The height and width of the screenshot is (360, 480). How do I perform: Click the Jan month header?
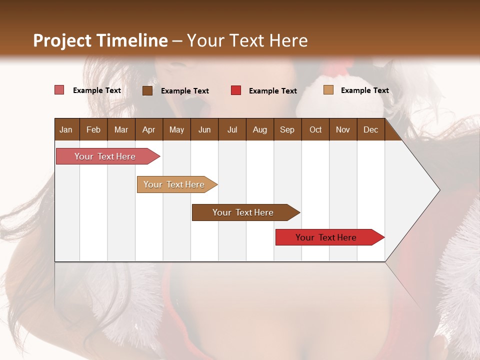click(x=66, y=129)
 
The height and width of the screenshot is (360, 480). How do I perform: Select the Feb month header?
click(x=93, y=129)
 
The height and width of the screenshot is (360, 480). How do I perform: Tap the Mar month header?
click(x=121, y=129)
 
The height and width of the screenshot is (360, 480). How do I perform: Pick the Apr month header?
click(x=149, y=129)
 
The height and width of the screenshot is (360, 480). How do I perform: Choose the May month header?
click(x=176, y=129)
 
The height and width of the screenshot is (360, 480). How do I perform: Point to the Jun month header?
click(x=204, y=129)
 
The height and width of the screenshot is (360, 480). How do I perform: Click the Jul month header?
click(x=232, y=129)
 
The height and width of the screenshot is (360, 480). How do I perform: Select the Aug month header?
click(x=260, y=129)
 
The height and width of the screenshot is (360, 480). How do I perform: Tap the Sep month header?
click(x=287, y=129)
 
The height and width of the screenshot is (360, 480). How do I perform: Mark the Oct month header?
click(x=315, y=129)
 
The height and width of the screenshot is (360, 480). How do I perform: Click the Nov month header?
click(x=343, y=129)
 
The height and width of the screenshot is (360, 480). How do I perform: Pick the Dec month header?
click(x=371, y=129)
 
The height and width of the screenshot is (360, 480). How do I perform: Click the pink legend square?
click(x=59, y=90)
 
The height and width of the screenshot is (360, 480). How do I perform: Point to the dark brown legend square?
click(x=147, y=90)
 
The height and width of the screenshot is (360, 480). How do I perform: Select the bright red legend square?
click(x=236, y=90)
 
